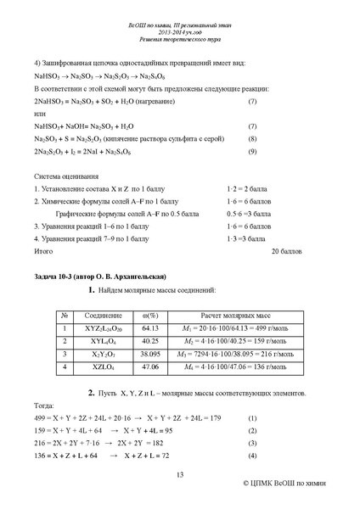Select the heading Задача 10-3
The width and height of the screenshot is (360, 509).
coord(94,277)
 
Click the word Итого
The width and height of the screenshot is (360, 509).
coord(42,252)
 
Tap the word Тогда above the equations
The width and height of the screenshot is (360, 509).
coord(44,406)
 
